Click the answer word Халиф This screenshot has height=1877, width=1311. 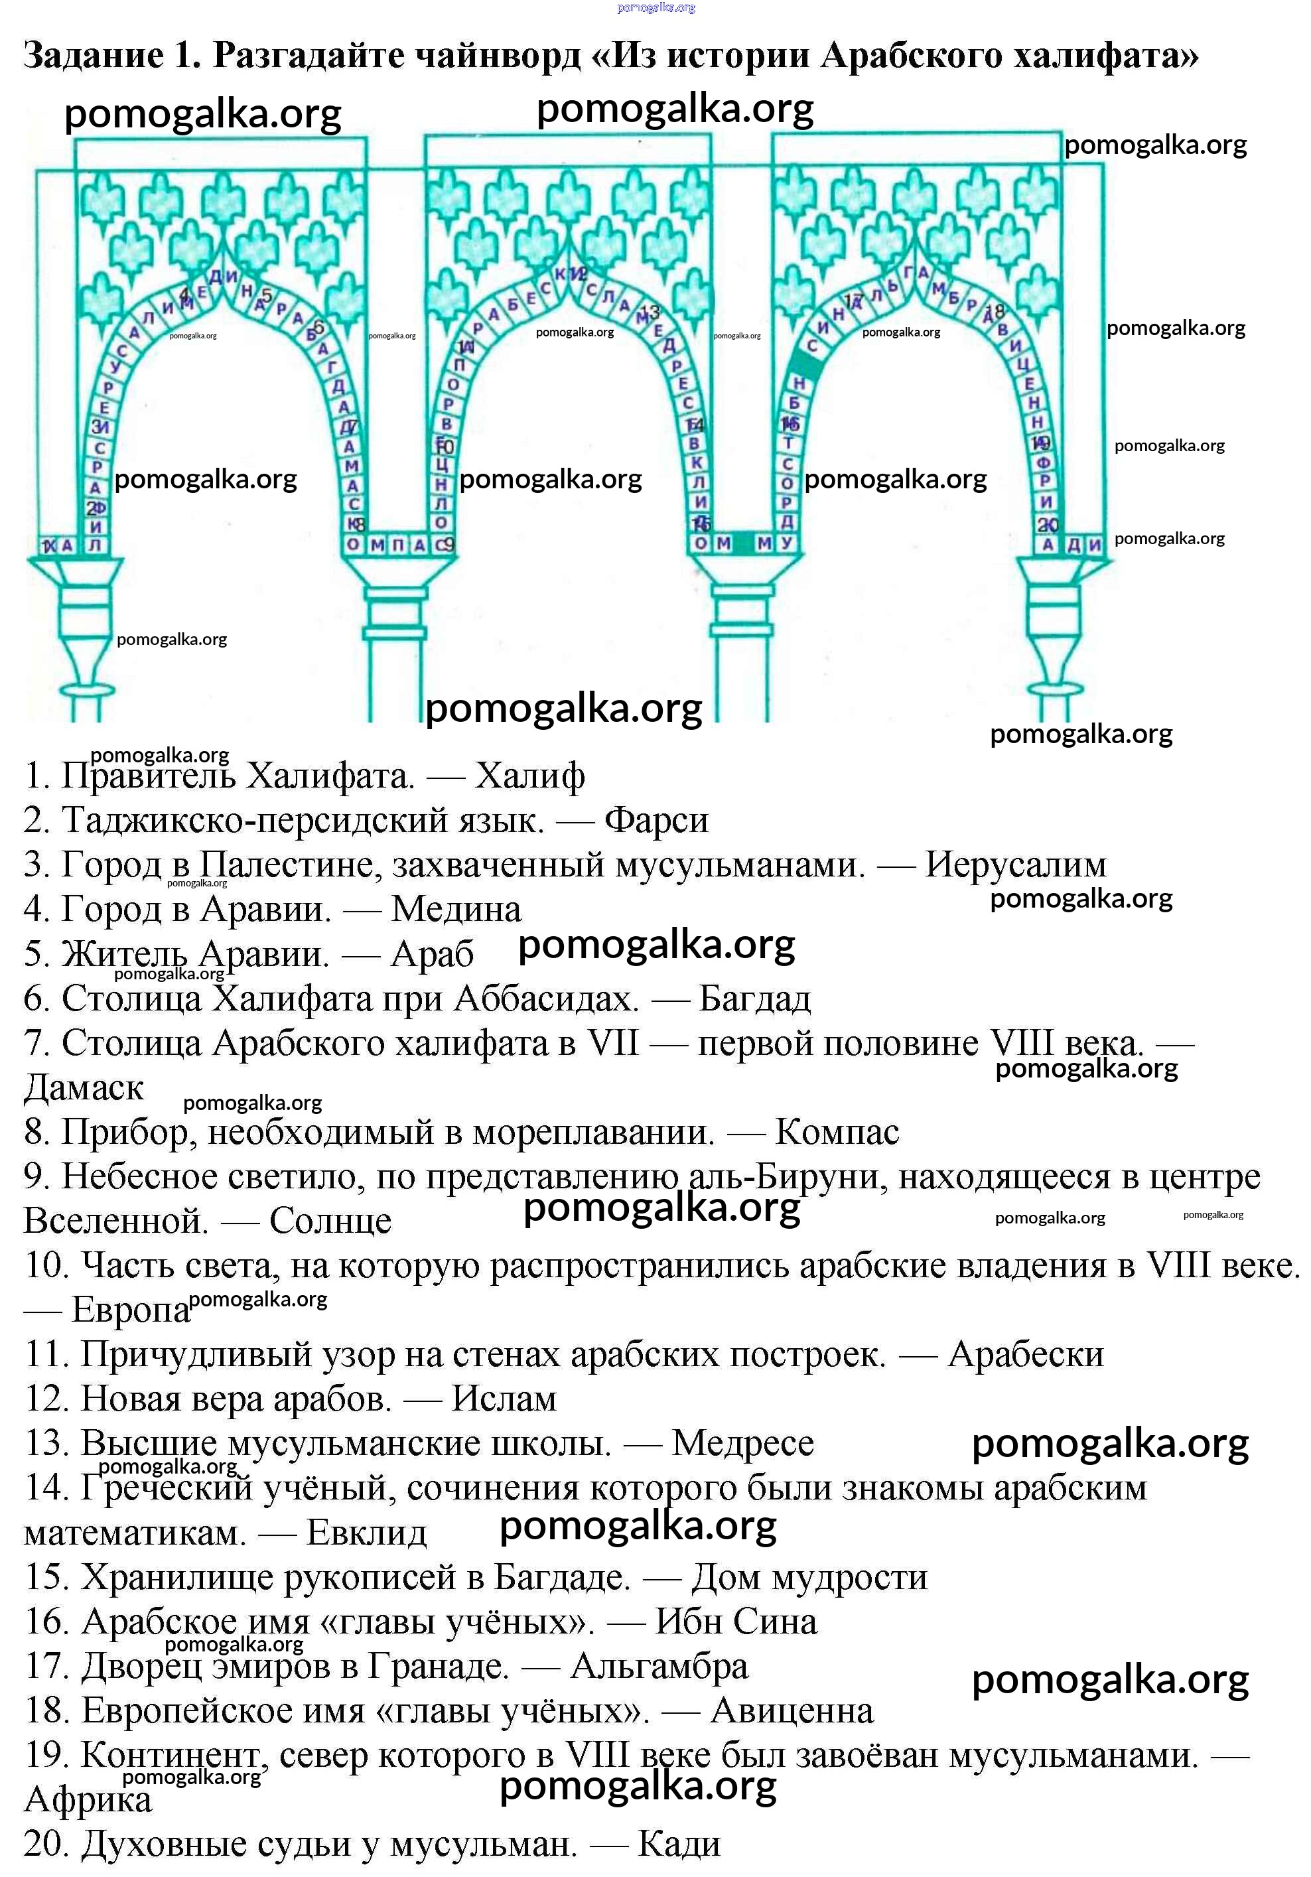point(529,776)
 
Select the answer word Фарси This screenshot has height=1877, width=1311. point(655,820)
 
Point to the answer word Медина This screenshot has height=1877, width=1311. point(456,909)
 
